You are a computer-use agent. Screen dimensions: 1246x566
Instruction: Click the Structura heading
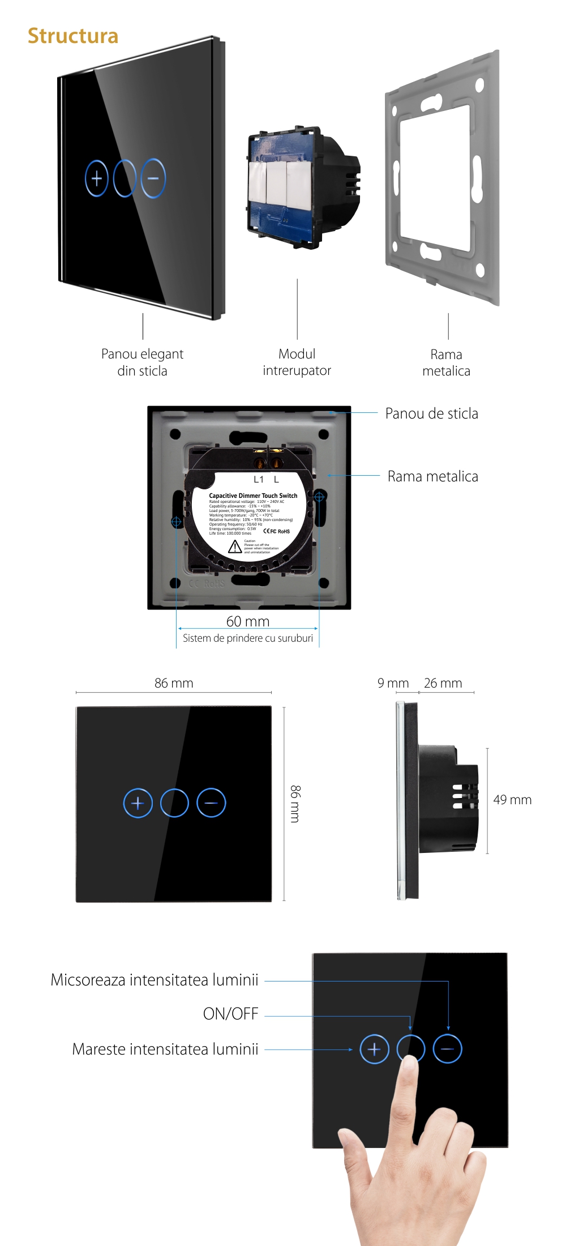tap(73, 36)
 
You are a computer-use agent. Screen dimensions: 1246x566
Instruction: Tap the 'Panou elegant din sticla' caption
tap(142, 362)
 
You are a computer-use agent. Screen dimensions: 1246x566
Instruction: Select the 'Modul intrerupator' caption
tap(297, 362)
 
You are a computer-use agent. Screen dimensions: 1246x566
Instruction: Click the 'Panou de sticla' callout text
tap(431, 414)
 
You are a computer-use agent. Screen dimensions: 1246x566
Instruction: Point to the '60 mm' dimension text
tap(248, 621)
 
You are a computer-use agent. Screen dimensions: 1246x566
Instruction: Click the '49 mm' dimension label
tap(512, 800)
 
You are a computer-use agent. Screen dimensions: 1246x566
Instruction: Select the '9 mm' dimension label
tap(393, 683)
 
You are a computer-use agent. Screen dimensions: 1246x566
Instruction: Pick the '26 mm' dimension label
tap(443, 683)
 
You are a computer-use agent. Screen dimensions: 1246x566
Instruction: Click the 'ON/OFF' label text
tap(231, 1014)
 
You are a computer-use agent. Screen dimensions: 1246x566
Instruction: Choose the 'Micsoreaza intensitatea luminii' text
tap(155, 980)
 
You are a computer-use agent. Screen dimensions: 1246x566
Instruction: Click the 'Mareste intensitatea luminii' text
tap(165, 1049)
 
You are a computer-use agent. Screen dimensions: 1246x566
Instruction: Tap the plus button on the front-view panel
tap(138, 803)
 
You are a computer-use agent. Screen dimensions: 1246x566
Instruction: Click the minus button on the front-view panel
tap(211, 803)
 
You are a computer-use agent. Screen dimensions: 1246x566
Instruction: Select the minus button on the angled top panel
tap(153, 178)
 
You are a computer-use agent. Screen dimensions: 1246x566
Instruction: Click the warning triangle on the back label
tap(235, 547)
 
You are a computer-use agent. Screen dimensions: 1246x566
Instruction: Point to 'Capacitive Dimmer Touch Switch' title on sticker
tap(253, 496)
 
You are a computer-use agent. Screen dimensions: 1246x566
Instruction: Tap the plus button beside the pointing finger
tap(374, 1049)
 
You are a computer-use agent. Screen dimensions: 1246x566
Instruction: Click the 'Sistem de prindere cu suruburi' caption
tap(248, 638)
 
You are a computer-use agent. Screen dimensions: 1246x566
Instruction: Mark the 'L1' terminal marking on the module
tap(259, 480)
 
